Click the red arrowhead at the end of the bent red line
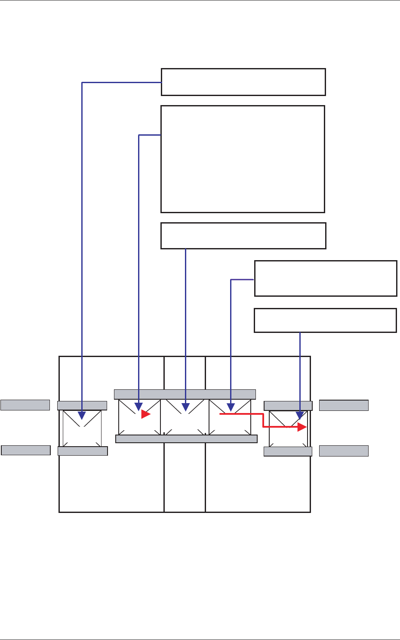coord(302,427)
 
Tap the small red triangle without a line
coord(146,414)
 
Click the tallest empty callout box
coord(243,159)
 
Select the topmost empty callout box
coord(243,82)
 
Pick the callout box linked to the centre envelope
coord(243,236)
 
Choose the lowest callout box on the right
coord(325,320)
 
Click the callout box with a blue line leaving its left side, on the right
coord(326,278)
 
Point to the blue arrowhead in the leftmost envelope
coord(82,416)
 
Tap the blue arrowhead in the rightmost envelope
coord(300,416)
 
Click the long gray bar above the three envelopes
coord(185,394)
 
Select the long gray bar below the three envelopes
coord(186,439)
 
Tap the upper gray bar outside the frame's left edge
coord(25,405)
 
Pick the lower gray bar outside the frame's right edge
coord(344,451)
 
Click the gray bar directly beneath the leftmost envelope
coord(83,451)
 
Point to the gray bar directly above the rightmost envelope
coord(288,405)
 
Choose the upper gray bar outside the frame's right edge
coord(344,405)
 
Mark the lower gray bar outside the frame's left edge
coord(26,450)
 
